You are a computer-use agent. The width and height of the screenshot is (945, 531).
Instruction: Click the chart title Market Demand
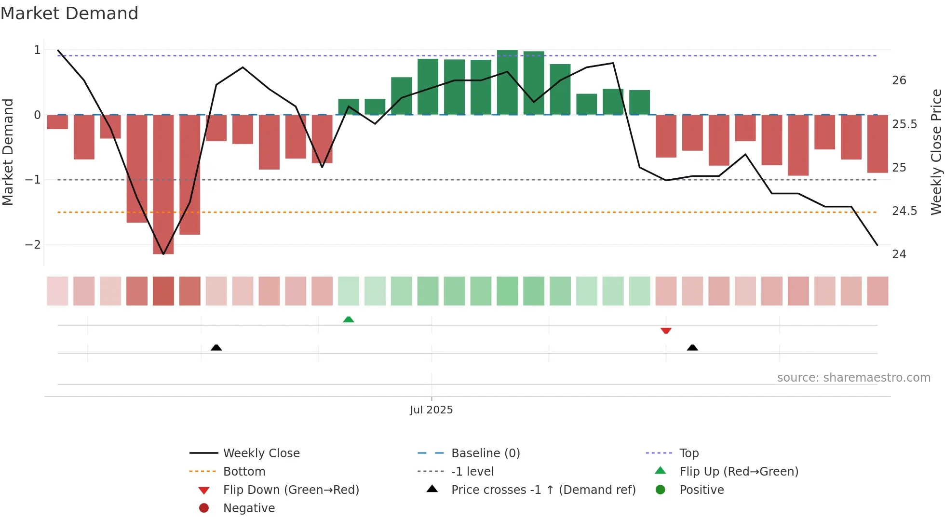69,13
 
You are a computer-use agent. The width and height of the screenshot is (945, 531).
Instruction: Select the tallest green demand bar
507,82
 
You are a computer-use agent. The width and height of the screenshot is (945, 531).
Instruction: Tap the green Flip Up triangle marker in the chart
349,319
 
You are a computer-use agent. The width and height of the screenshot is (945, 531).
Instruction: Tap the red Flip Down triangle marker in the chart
666,331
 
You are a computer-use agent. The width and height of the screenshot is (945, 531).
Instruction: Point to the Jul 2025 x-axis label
431,410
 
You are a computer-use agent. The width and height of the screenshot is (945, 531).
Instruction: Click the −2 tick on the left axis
33,245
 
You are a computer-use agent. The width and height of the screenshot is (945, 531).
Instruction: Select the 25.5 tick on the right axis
904,124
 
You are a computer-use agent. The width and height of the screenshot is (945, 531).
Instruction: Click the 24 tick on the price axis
899,254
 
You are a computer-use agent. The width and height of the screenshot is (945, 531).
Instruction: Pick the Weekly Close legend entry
261,453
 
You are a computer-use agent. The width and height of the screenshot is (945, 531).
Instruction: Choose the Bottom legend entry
244,472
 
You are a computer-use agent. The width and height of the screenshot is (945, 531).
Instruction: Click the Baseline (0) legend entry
485,453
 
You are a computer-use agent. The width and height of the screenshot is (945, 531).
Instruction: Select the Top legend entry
688,453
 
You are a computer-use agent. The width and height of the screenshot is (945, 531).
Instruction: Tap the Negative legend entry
249,508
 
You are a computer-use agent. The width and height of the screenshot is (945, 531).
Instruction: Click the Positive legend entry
702,490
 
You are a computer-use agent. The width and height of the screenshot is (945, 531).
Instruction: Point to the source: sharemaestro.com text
853,378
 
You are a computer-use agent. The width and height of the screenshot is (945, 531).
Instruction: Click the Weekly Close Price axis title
936,152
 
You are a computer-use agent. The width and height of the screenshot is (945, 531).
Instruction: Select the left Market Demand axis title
8,152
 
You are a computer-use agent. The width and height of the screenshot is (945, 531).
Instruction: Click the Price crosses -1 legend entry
543,490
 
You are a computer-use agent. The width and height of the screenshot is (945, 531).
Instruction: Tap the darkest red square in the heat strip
163,291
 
